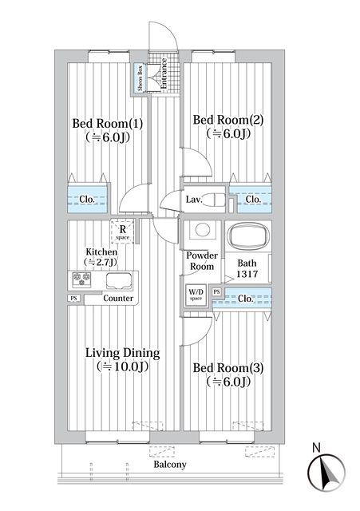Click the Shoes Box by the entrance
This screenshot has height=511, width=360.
tap(140, 77)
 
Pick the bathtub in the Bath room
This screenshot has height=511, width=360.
tap(248, 237)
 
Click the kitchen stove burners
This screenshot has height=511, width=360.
tap(82, 279)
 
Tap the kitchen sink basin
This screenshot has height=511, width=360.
tap(121, 280)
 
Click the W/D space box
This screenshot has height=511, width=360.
tap(196, 295)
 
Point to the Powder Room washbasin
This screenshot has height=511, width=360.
tap(202, 231)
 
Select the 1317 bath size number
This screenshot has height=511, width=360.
tap(247, 274)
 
